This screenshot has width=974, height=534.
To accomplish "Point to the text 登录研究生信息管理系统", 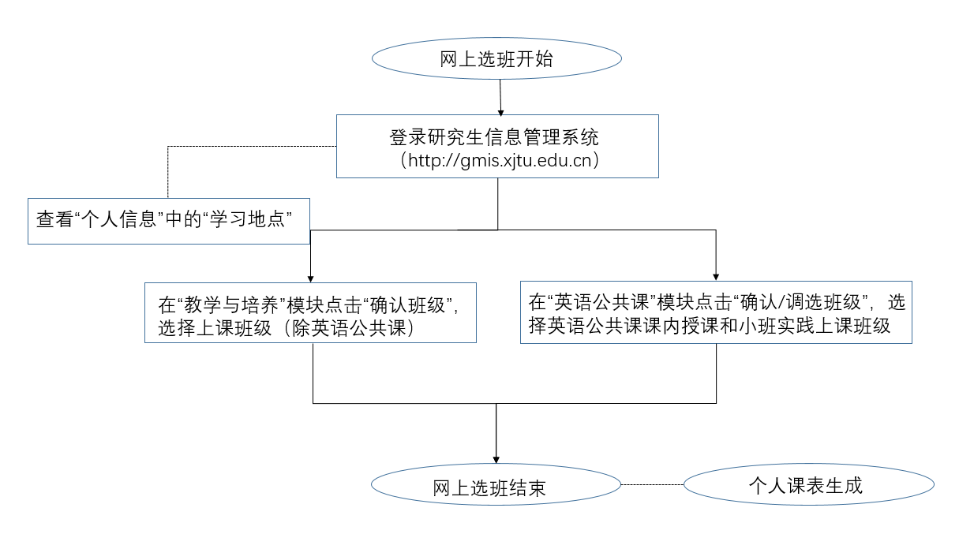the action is [494, 137].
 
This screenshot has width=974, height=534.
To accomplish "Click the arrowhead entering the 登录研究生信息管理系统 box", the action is [500, 113].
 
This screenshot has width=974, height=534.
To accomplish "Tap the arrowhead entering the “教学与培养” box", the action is [310, 279].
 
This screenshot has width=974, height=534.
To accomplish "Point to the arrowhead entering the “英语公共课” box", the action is [716, 277].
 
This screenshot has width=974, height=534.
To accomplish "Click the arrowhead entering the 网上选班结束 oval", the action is [496, 460].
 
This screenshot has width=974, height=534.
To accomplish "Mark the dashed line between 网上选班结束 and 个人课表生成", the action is [652, 484].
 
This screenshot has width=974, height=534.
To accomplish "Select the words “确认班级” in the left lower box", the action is [408, 305].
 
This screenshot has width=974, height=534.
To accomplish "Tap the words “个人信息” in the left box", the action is [119, 219].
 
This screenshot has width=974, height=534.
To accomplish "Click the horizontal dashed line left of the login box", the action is [253, 147].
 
